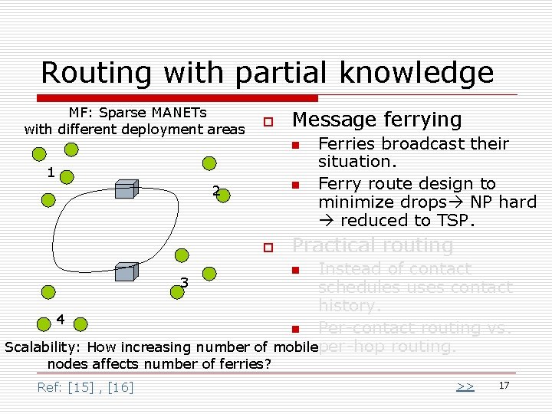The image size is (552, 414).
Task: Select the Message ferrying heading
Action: [377, 120]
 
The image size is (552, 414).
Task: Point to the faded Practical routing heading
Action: [373, 245]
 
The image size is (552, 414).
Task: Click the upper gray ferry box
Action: [127, 189]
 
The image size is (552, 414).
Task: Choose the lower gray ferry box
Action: [127, 271]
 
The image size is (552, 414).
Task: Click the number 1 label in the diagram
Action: [51, 172]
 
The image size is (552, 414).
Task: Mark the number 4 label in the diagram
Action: [61, 318]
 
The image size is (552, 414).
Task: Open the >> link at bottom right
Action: [465, 386]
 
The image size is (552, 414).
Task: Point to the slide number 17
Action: [504, 385]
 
